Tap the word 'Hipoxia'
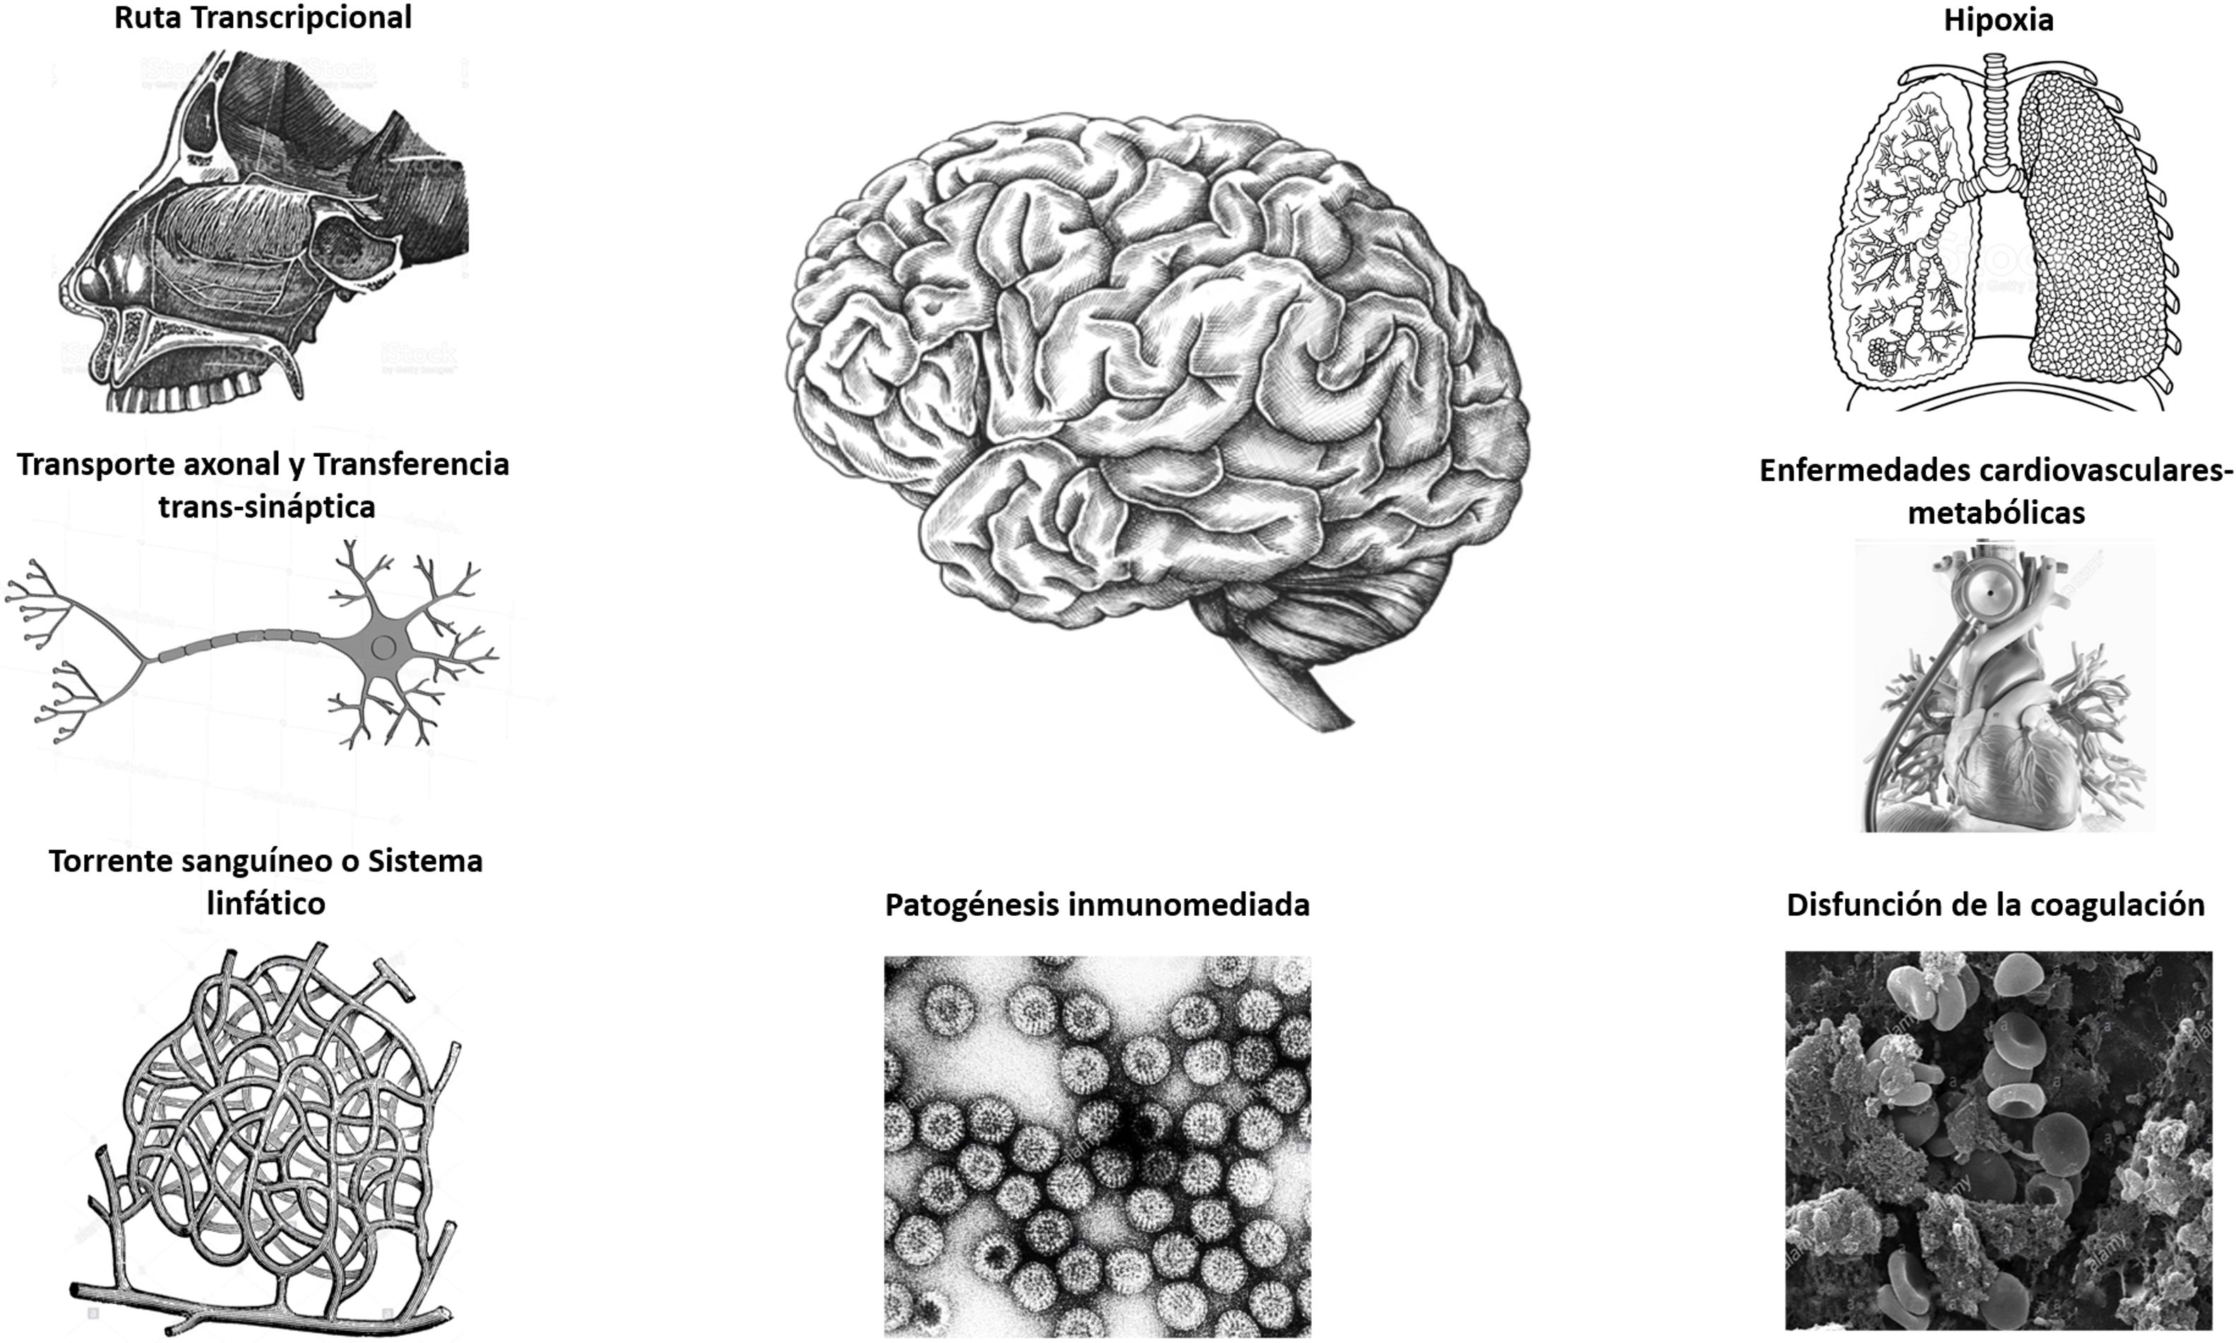tap(1998, 20)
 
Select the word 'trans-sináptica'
tap(267, 506)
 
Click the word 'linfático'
tap(266, 902)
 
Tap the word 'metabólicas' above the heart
tap(1996, 512)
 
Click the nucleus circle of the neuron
tap(383, 646)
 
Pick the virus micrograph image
tap(1096, 1145)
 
